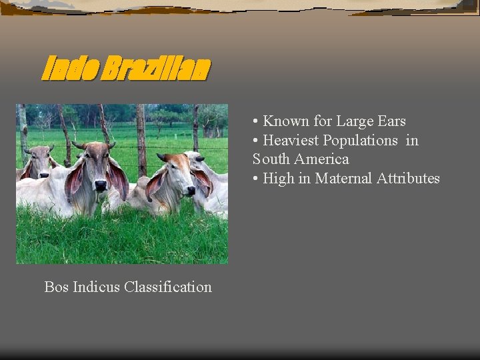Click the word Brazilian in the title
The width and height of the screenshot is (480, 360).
tap(155, 68)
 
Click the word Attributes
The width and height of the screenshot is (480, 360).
tap(408, 179)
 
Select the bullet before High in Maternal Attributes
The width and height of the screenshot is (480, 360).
tap(256, 179)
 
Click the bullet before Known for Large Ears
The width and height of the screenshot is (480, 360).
tap(256, 121)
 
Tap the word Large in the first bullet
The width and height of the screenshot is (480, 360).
tap(353, 121)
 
